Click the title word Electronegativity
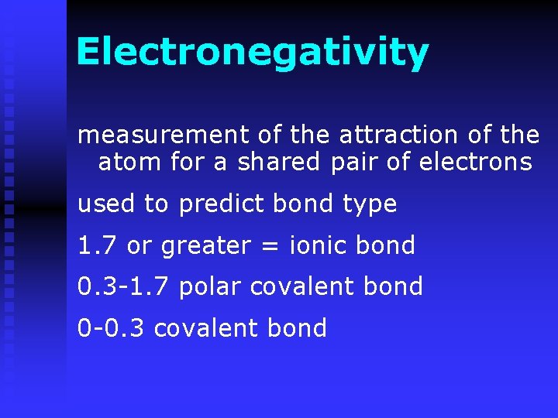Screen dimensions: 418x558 click(x=252, y=53)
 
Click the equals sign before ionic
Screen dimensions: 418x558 click(x=270, y=246)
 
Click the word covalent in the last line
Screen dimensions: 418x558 click(x=205, y=328)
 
